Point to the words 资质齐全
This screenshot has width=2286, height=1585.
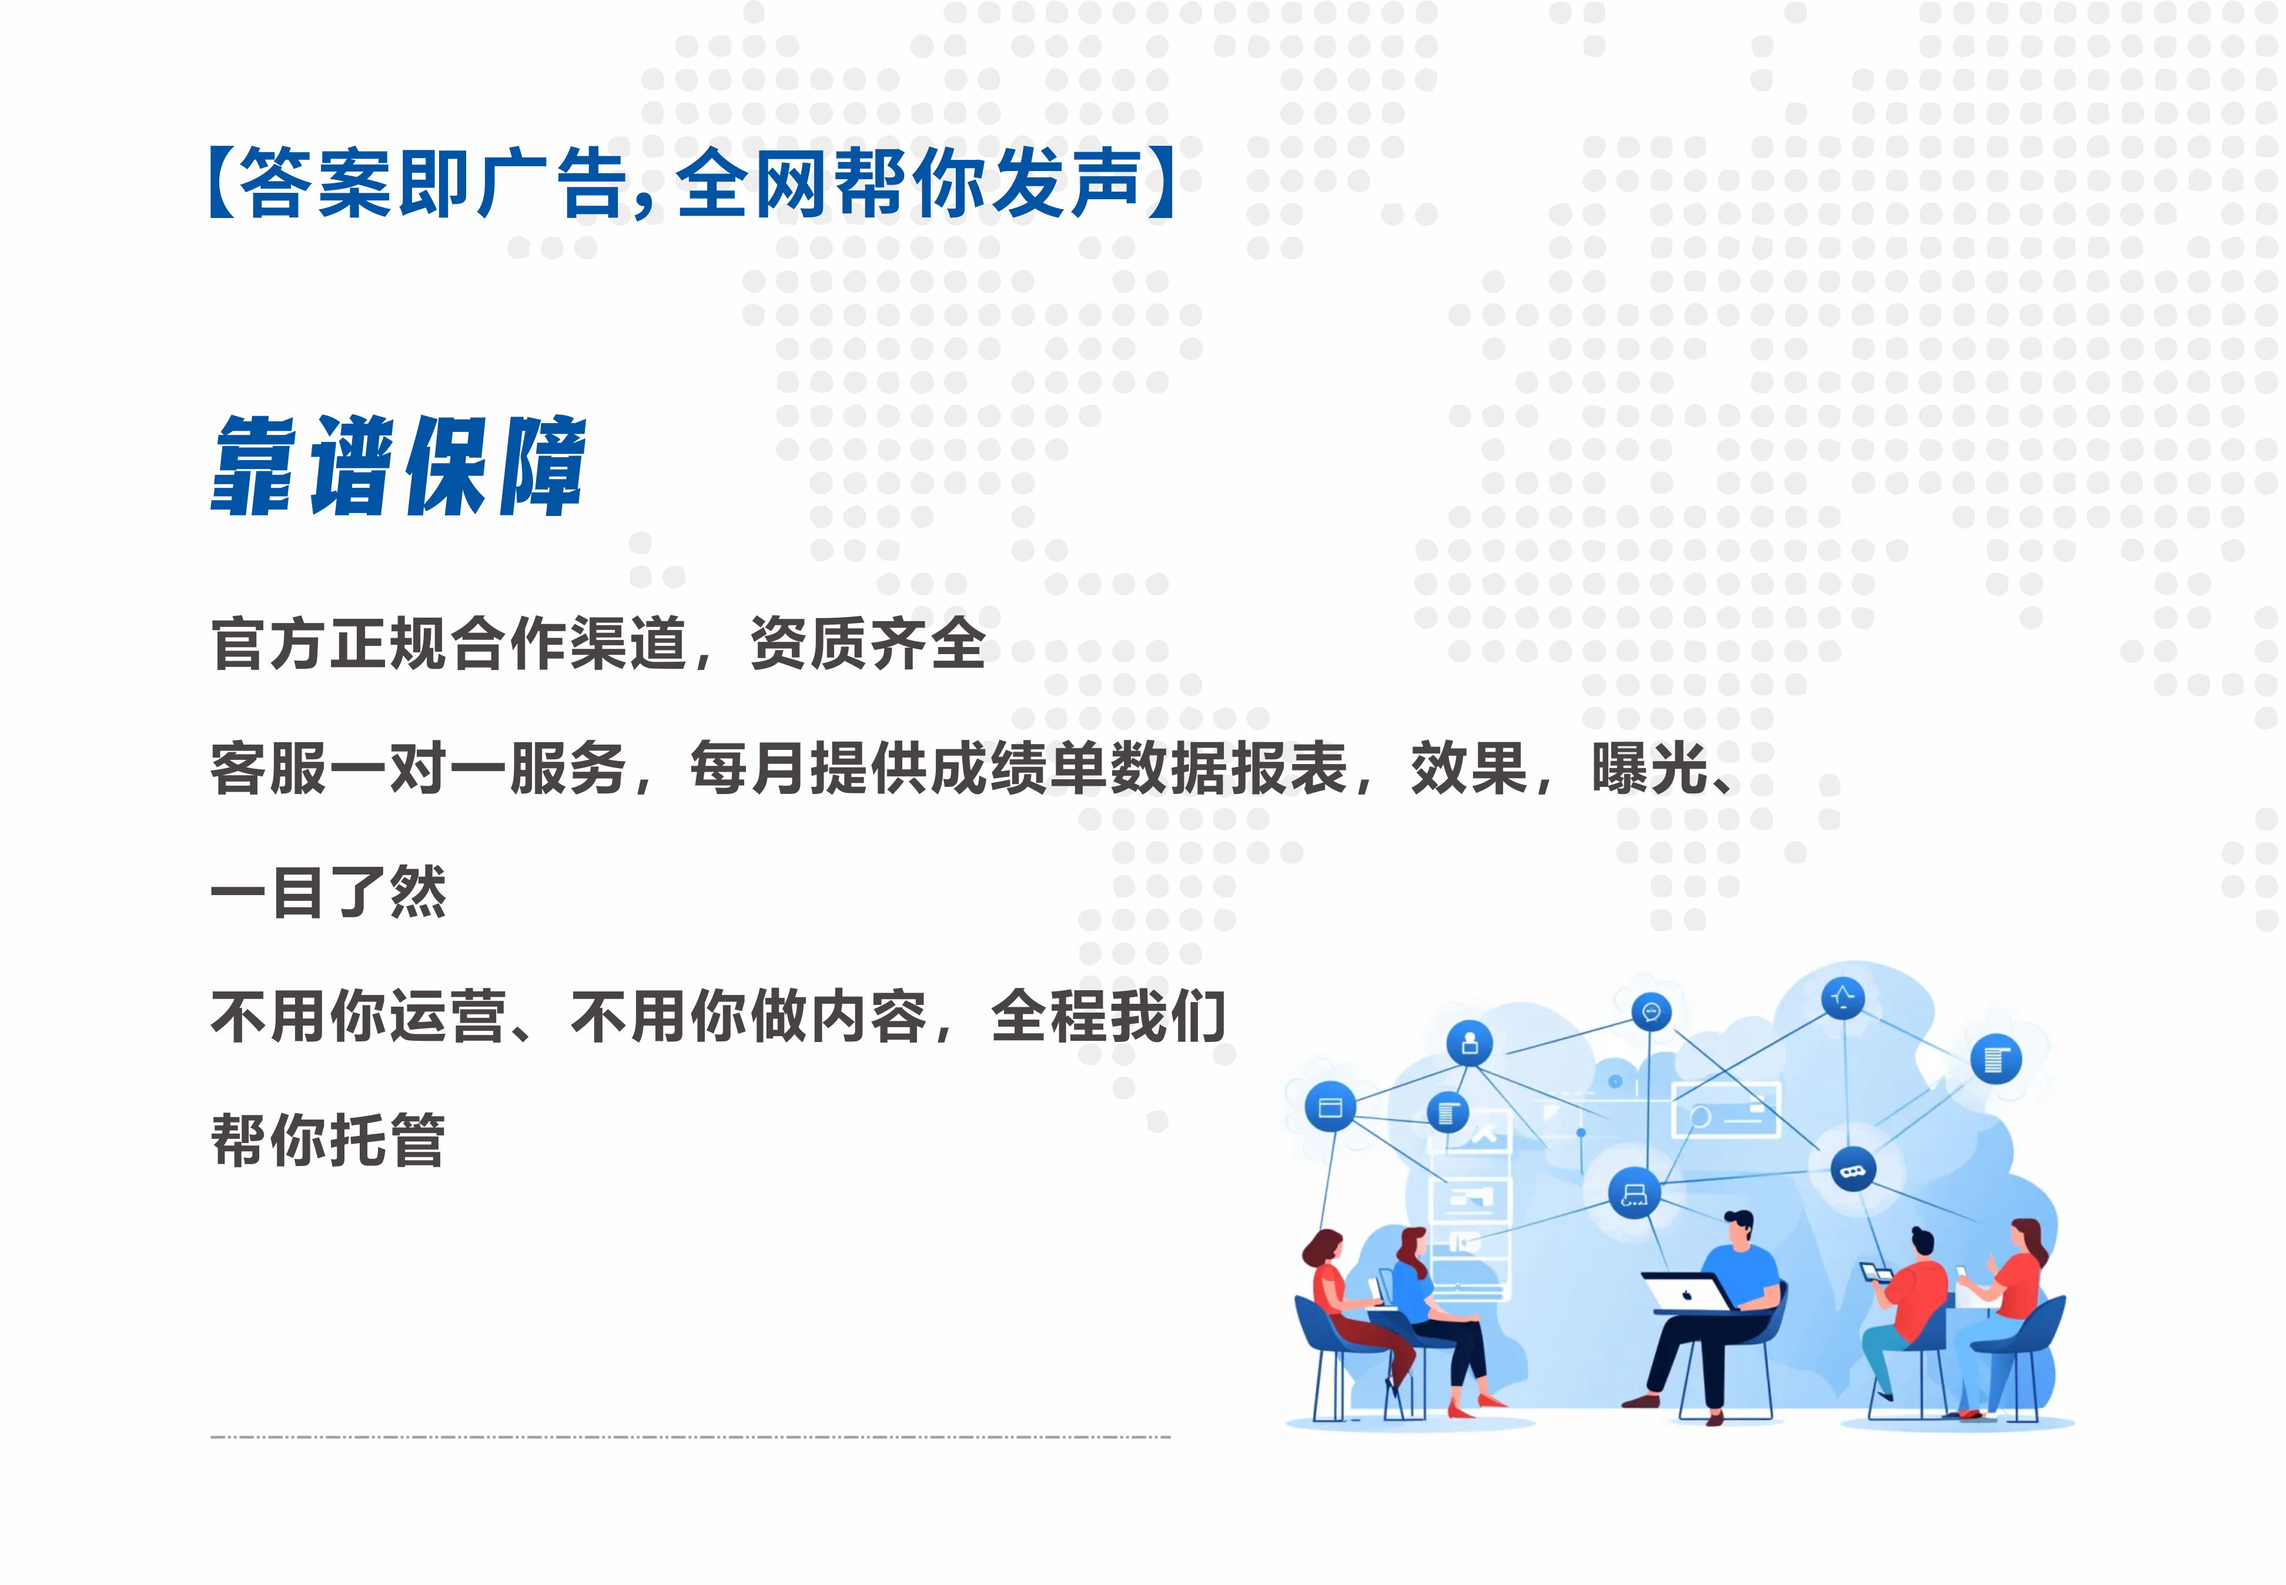pyautogui.click(x=868, y=644)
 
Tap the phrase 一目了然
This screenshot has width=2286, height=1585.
pyautogui.click(x=329, y=892)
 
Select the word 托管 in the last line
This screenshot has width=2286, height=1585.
pyautogui.click(x=387, y=1140)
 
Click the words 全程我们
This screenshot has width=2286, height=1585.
pyautogui.click(x=1108, y=1016)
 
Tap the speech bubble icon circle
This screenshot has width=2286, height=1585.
pyautogui.click(x=1651, y=1012)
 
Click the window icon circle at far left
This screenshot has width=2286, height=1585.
pyautogui.click(x=1330, y=1107)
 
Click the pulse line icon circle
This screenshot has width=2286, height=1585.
pyautogui.click(x=1843, y=998)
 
